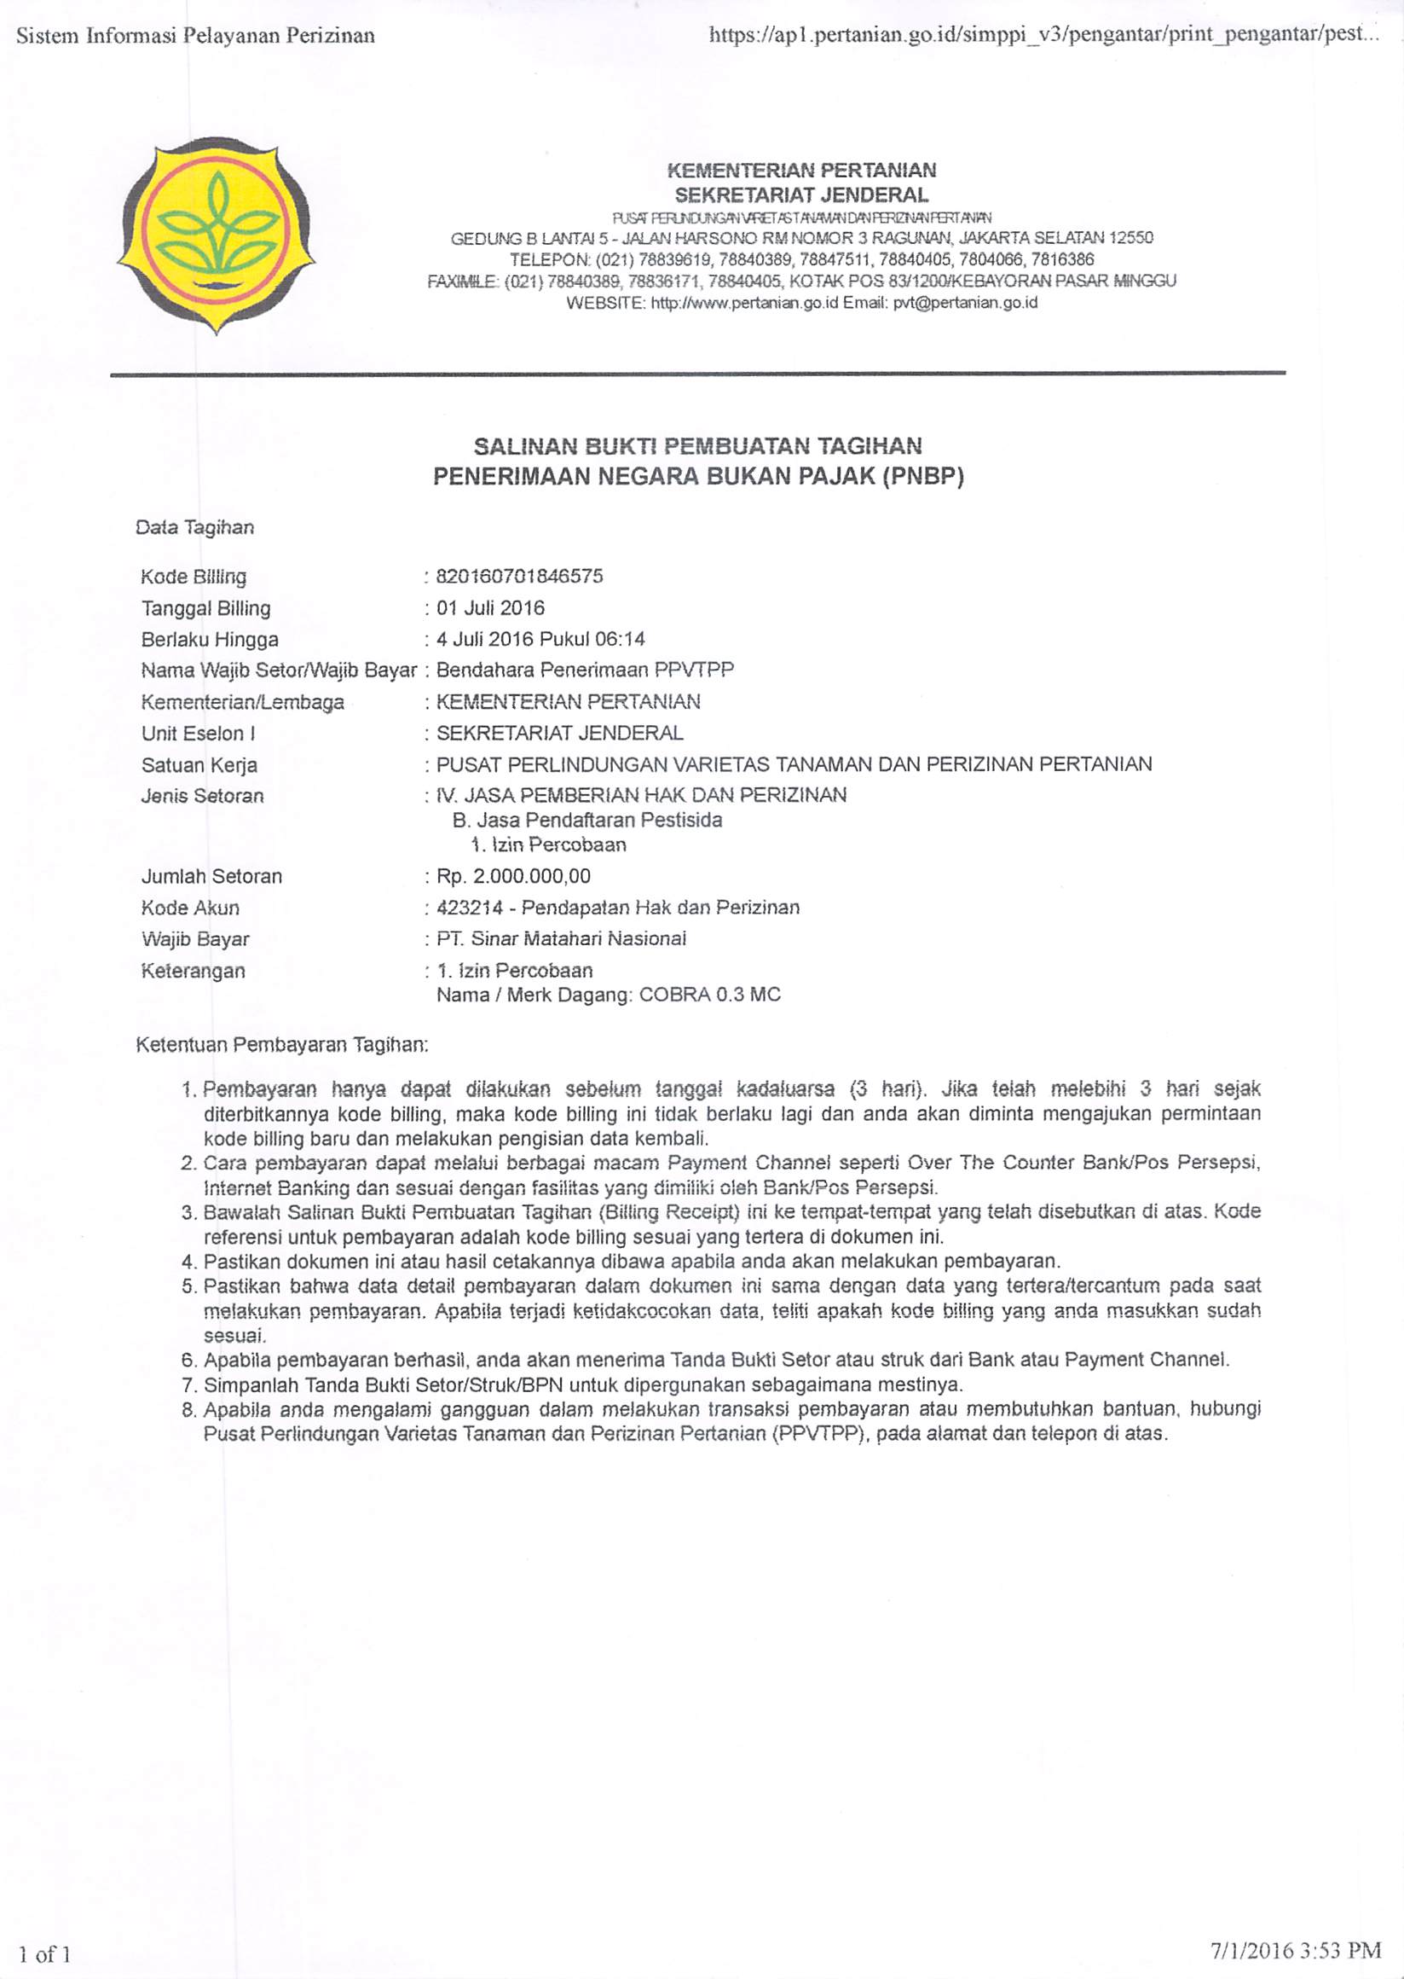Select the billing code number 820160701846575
(x=520, y=576)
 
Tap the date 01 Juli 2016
(x=490, y=607)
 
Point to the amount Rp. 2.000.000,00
(x=513, y=876)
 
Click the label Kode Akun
(x=190, y=908)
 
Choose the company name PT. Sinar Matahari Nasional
(x=561, y=938)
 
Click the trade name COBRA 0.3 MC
(x=709, y=995)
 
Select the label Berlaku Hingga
(x=209, y=639)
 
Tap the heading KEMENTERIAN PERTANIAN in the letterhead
(x=801, y=170)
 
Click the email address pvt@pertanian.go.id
(x=965, y=303)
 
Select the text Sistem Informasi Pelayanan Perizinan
(x=196, y=36)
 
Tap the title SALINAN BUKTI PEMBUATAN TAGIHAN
(x=697, y=445)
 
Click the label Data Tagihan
(x=194, y=528)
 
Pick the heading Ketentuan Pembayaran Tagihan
(x=282, y=1045)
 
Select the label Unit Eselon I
(x=198, y=734)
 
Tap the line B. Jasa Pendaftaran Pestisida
(x=587, y=820)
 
